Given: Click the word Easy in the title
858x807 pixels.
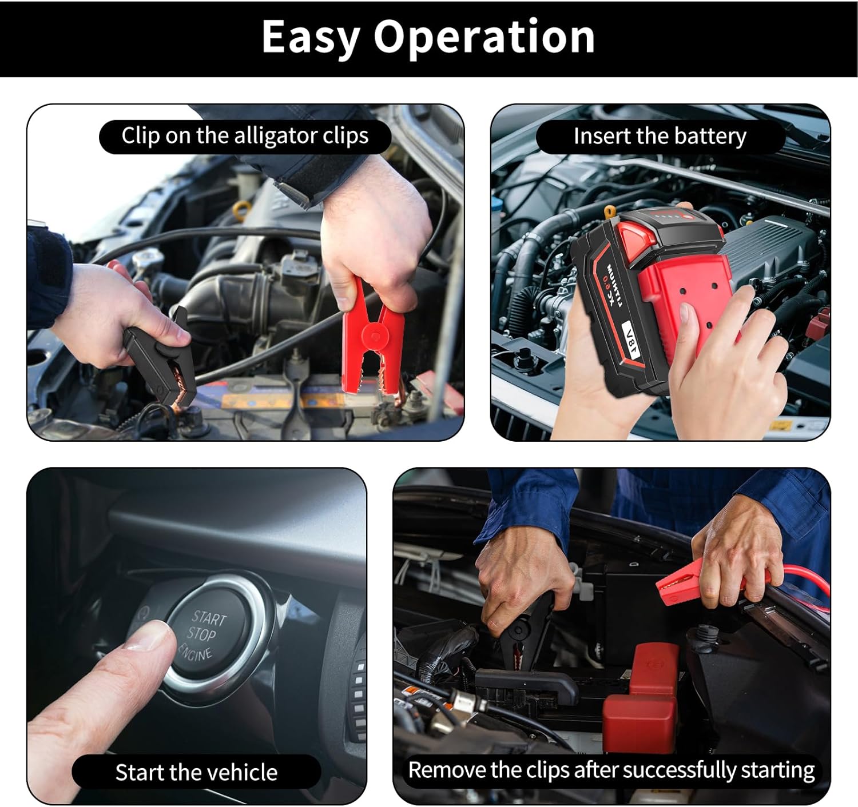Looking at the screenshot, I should [x=311, y=37].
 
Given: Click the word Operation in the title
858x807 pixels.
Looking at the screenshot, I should [x=484, y=37].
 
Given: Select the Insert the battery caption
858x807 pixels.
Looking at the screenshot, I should [x=660, y=137].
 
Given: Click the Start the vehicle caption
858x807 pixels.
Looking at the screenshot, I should [x=196, y=772].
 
